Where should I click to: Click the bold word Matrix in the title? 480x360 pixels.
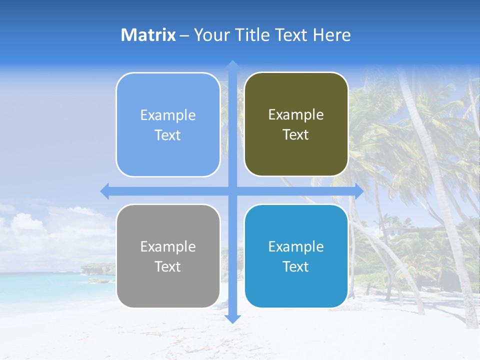(x=148, y=35)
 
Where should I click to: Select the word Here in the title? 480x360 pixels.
(x=331, y=35)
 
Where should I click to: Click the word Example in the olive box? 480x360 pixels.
(x=296, y=115)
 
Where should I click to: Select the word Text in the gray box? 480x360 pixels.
(x=168, y=266)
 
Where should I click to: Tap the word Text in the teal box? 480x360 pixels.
(x=296, y=266)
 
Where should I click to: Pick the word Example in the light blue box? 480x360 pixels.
(x=168, y=115)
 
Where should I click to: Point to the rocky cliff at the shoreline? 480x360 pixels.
(x=97, y=269)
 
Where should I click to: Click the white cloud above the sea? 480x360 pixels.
(x=30, y=225)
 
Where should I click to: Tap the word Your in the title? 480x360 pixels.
(x=211, y=35)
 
